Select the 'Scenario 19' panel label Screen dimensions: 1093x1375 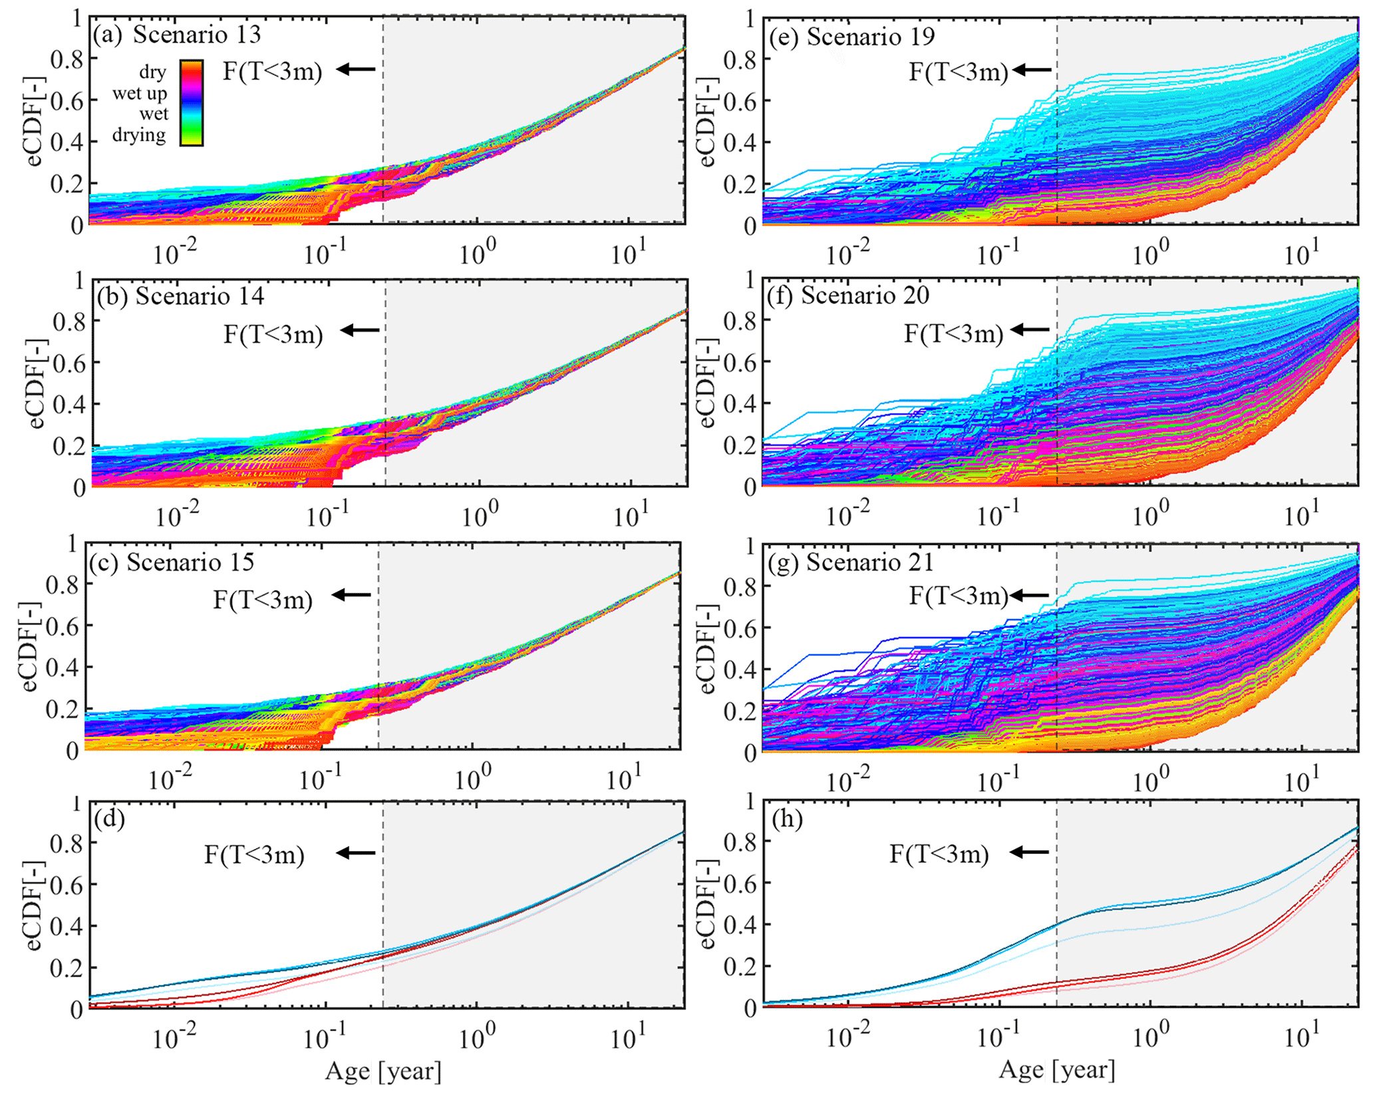pyautogui.click(x=871, y=37)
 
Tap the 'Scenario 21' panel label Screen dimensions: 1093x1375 pyautogui.click(x=870, y=562)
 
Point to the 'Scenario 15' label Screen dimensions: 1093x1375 pyautogui.click(x=190, y=562)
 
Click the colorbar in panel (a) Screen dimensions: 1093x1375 pyautogui.click(x=191, y=102)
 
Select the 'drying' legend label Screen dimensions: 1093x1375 pyautogui.click(x=138, y=135)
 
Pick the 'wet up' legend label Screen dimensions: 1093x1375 pyautogui.click(x=140, y=93)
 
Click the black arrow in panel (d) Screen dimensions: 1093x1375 pyautogui.click(x=356, y=853)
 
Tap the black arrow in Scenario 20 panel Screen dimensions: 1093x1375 pyautogui.click(x=1034, y=329)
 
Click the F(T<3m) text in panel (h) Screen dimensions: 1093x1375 pyautogui.click(x=939, y=854)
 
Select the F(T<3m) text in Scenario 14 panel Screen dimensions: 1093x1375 pyautogui.click(x=273, y=334)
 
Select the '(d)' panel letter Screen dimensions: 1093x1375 pyautogui.click(x=110, y=819)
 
